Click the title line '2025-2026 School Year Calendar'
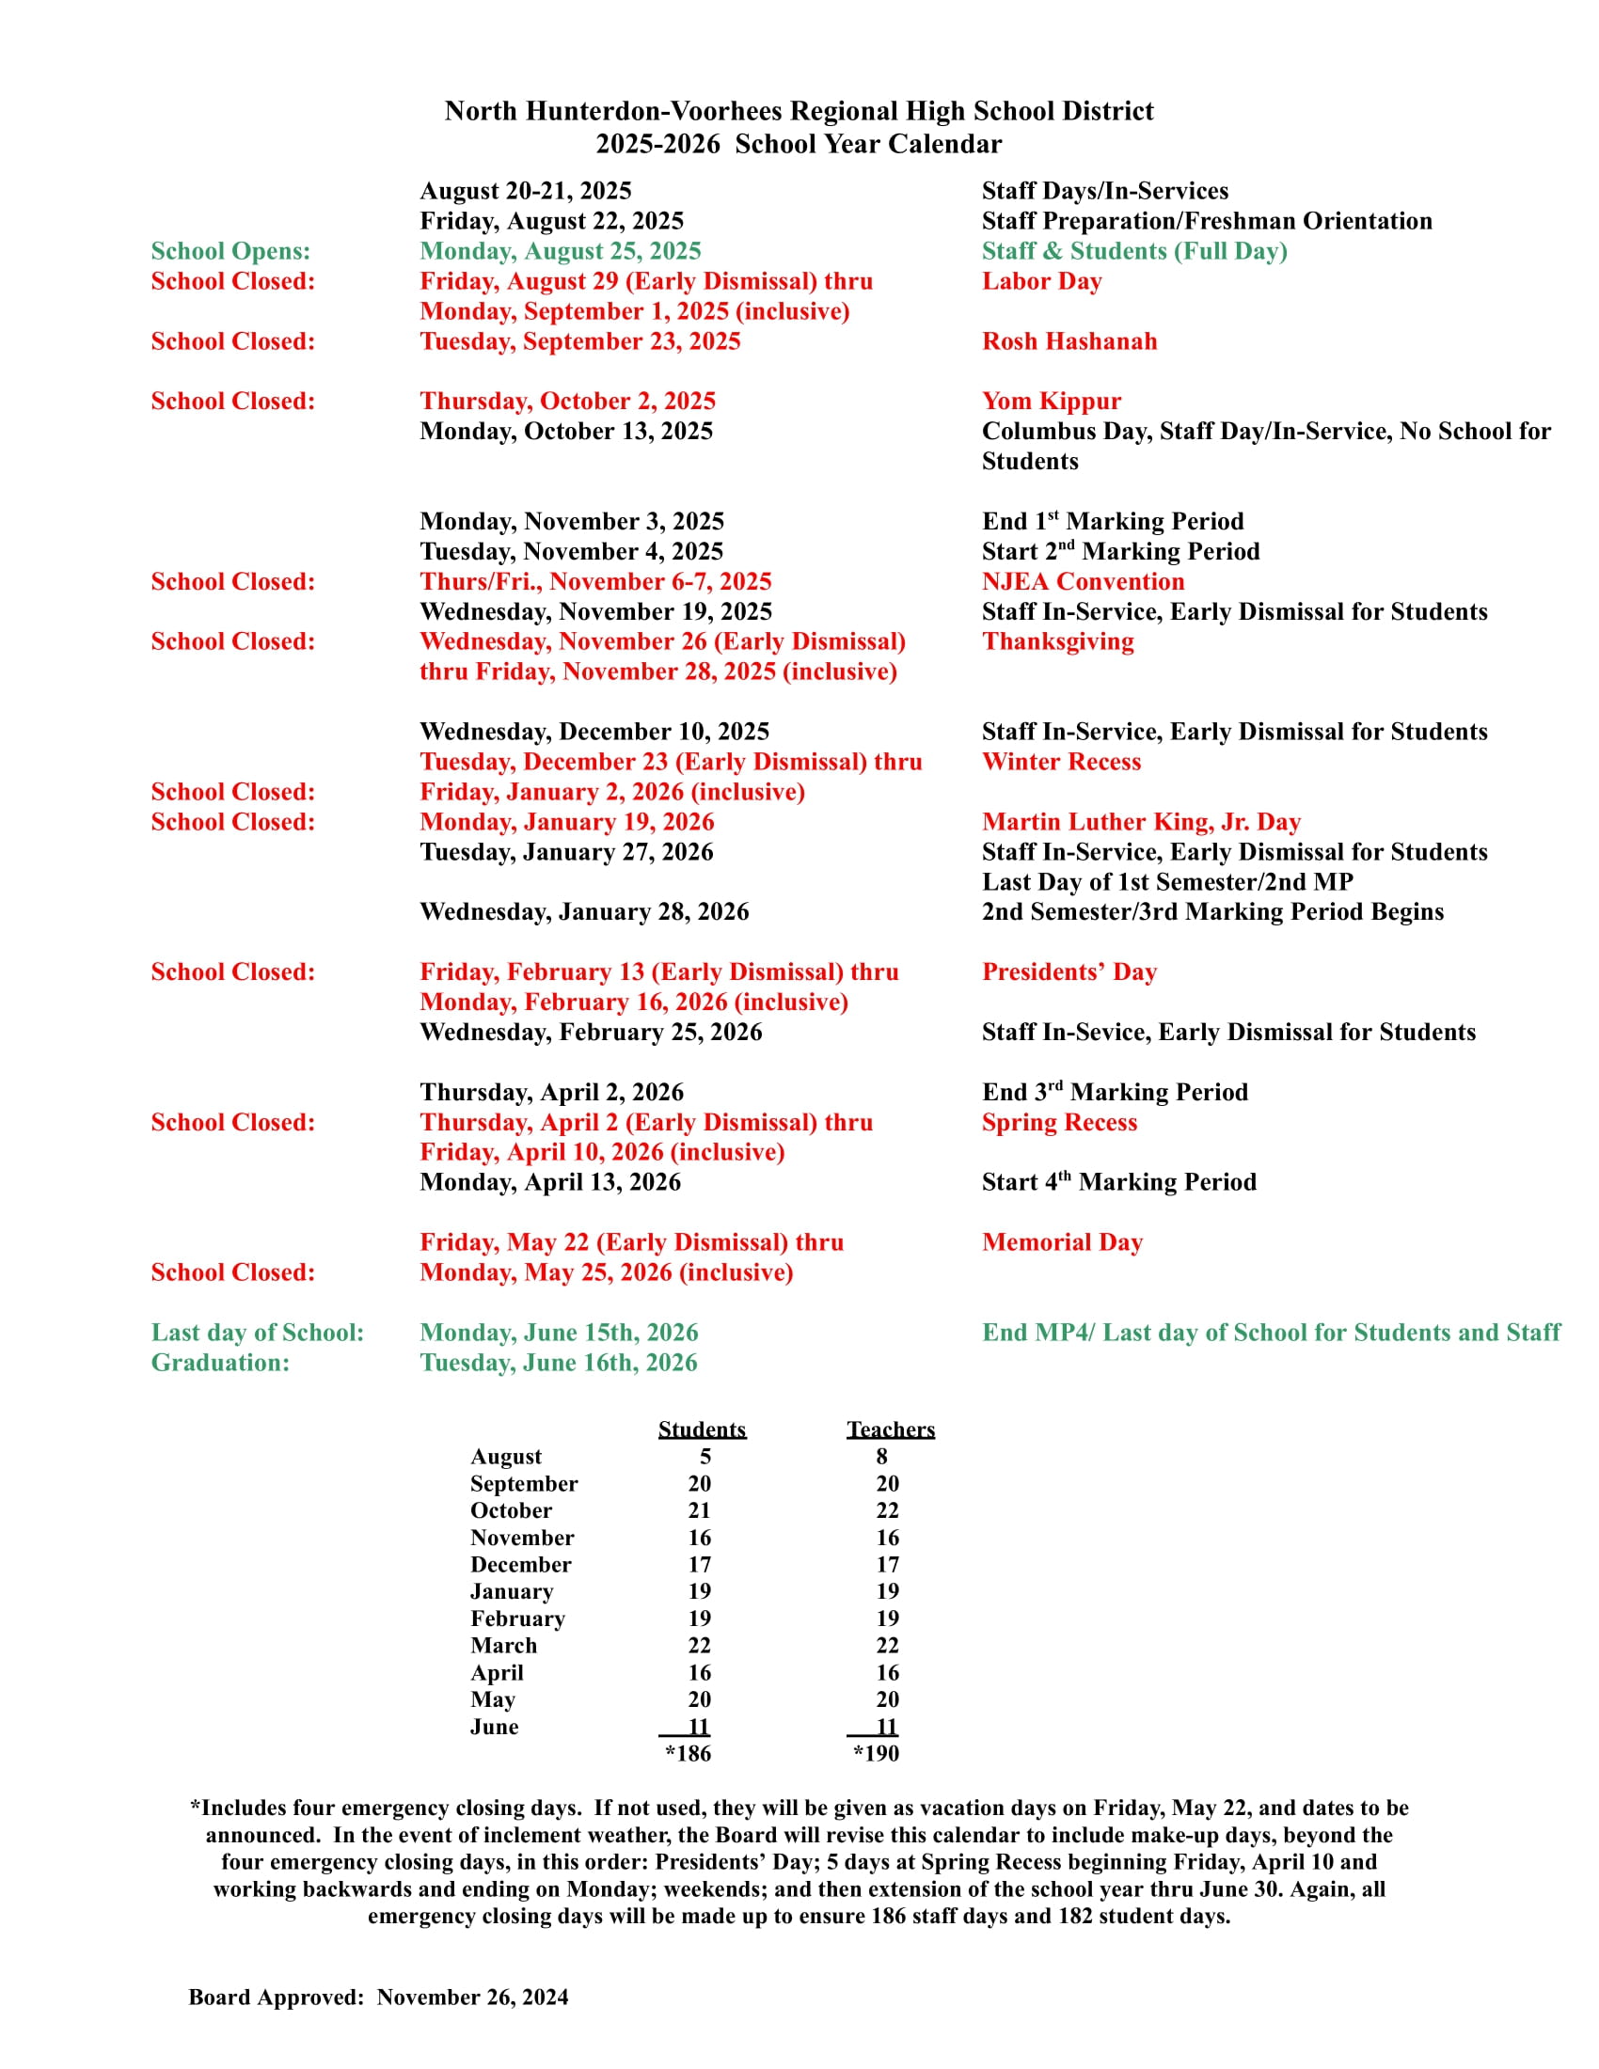[x=798, y=144]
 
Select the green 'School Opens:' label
[x=230, y=251]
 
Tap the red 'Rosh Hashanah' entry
[x=1069, y=341]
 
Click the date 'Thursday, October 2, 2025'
[x=566, y=402]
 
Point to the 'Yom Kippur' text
[x=1051, y=402]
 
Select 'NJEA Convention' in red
[x=1082, y=581]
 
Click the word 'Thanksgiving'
[x=1057, y=641]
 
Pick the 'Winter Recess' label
[x=1060, y=762]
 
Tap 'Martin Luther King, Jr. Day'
[x=1141, y=822]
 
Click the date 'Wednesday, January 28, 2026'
[x=583, y=912]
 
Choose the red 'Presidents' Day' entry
[x=1069, y=972]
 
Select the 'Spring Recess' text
[x=1058, y=1123]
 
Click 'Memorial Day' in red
[x=1062, y=1243]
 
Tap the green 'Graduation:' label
[x=220, y=1364]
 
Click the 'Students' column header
[x=701, y=1429]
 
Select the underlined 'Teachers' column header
[x=890, y=1429]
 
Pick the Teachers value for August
[x=881, y=1457]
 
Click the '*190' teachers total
[x=876, y=1754]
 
